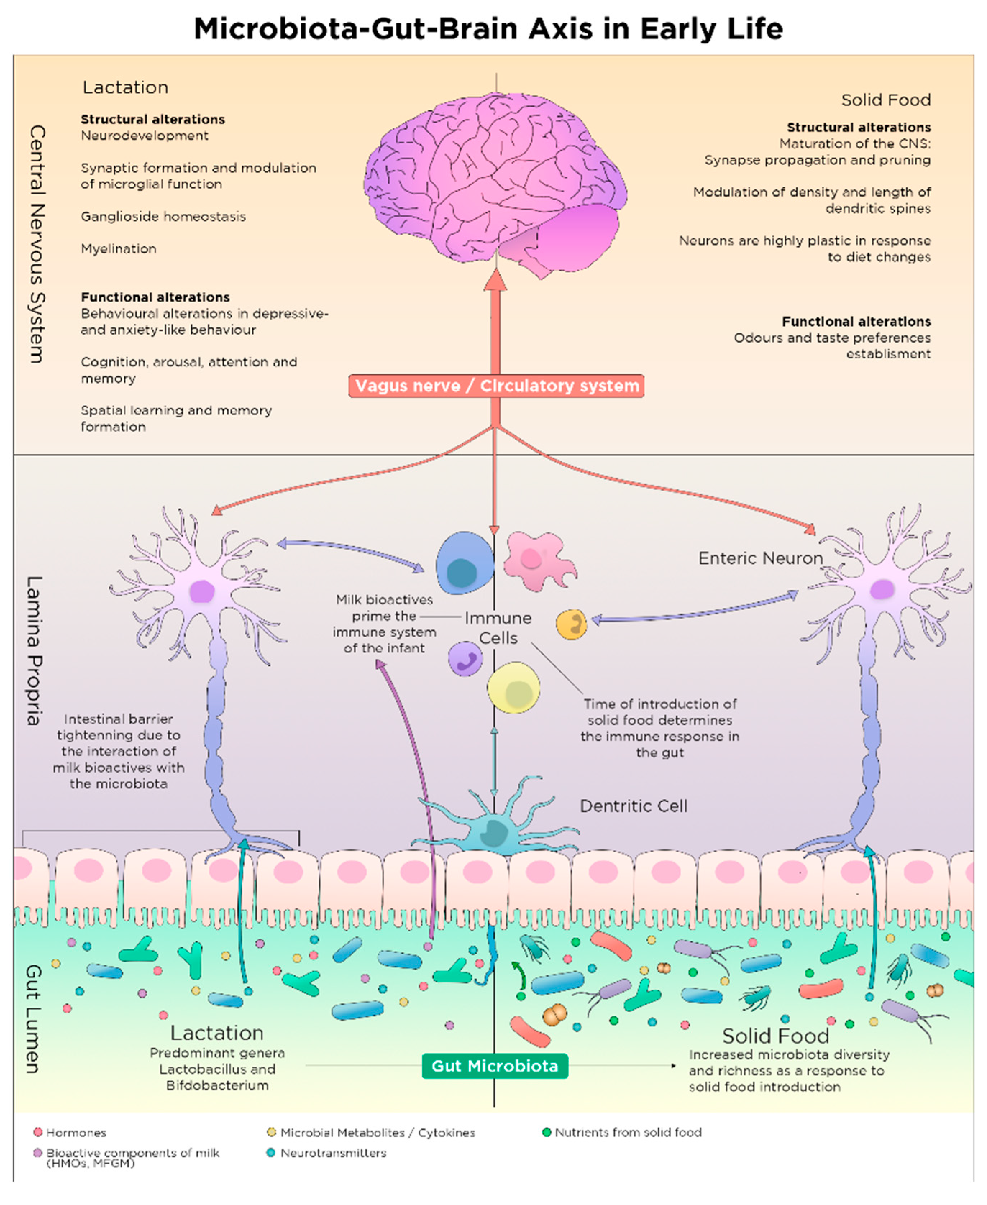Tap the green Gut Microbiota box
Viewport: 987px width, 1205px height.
[x=495, y=1066]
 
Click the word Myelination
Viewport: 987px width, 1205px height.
[x=118, y=248]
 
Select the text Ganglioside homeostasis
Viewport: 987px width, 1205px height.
[x=163, y=216]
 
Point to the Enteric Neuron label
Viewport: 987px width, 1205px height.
[x=760, y=558]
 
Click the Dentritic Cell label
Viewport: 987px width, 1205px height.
[x=633, y=806]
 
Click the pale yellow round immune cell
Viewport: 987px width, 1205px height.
[x=513, y=688]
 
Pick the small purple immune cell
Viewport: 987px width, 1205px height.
[x=465, y=659]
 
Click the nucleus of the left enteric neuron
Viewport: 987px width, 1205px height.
[x=201, y=592]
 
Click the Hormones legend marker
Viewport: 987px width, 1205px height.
[x=38, y=1132]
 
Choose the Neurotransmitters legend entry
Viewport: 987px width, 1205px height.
[x=333, y=1153]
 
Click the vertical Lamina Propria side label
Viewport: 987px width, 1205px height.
[x=34, y=651]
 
